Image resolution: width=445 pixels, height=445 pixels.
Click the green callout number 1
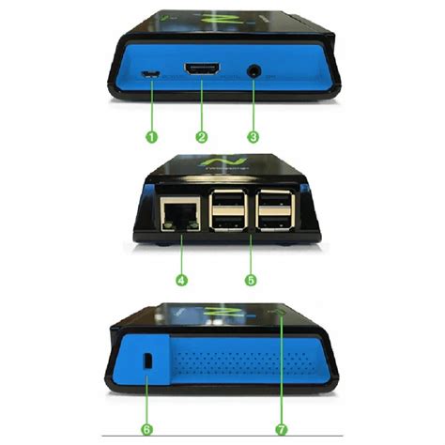151,136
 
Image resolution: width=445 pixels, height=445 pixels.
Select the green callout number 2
201,136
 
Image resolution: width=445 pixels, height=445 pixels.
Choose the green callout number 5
251,279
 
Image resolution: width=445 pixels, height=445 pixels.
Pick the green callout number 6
146,428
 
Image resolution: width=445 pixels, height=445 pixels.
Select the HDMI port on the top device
202,71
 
